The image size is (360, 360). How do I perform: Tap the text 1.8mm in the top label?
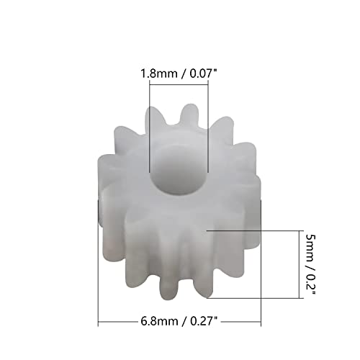pos(155,73)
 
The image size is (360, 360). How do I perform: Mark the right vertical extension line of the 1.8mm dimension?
pos(207,122)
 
